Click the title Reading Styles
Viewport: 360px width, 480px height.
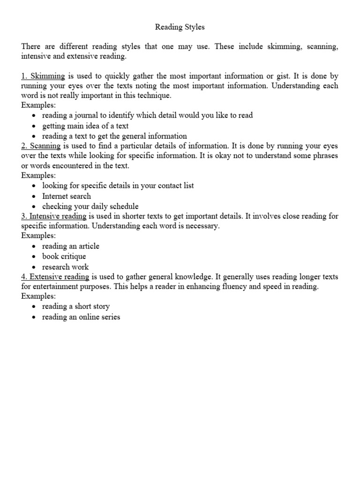tap(180, 27)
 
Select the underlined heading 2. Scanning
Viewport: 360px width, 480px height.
tap(41, 146)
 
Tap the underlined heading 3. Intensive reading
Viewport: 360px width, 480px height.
tap(54, 216)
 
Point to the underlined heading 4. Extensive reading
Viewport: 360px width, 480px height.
tap(55, 277)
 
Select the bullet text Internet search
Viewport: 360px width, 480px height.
tap(67, 196)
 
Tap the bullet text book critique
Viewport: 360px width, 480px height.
tap(64, 256)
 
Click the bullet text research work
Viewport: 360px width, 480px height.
tap(65, 267)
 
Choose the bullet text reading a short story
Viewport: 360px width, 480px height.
tap(76, 307)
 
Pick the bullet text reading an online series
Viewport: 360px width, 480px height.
tap(81, 317)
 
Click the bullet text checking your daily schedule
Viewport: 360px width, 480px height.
tap(90, 206)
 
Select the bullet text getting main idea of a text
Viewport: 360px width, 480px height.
tap(85, 126)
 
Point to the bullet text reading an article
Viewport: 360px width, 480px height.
tap(71, 246)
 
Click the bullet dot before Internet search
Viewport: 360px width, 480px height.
tap(35, 196)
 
